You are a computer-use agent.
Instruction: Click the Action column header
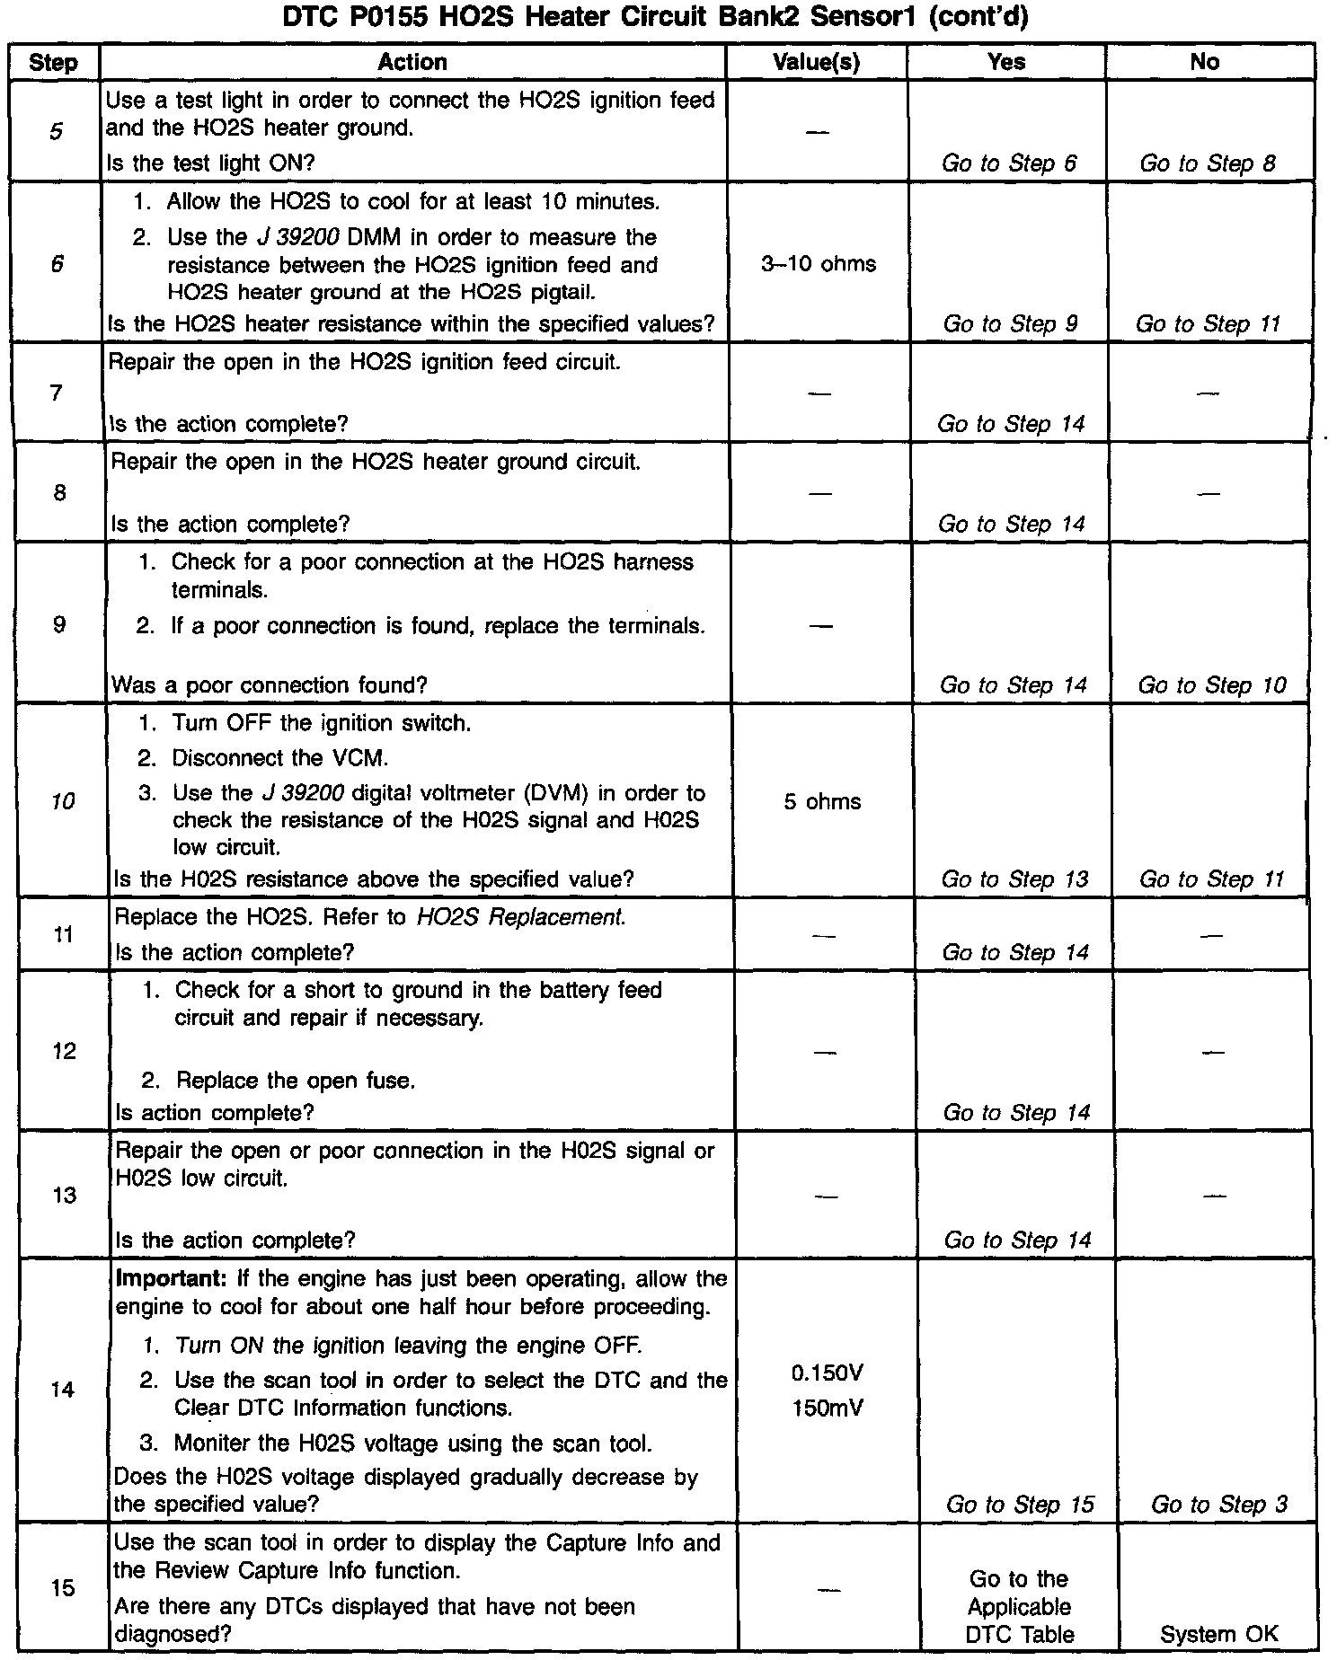[x=412, y=62]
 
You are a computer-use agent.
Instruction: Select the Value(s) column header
[x=816, y=62]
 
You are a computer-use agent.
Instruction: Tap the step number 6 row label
[x=57, y=264]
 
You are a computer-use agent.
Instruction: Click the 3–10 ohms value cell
[x=819, y=264]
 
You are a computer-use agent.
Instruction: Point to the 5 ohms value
[x=822, y=801]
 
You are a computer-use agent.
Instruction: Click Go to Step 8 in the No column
[x=1208, y=163]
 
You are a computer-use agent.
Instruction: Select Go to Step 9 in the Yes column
[x=1010, y=324]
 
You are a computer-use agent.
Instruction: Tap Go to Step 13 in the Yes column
[x=1014, y=879]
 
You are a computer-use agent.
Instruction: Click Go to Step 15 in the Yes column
[x=1020, y=1505]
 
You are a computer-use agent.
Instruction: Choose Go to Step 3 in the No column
[x=1219, y=1505]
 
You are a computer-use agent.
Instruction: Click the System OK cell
[x=1218, y=1634]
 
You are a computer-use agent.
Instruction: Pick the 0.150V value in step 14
[x=828, y=1373]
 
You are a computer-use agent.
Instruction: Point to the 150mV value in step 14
[x=828, y=1408]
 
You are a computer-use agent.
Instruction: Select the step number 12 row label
[x=64, y=1051]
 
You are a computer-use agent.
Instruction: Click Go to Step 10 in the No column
[x=1212, y=685]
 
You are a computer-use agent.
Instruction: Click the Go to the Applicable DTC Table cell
[x=1020, y=1606]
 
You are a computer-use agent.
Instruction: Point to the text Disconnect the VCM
[x=280, y=758]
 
